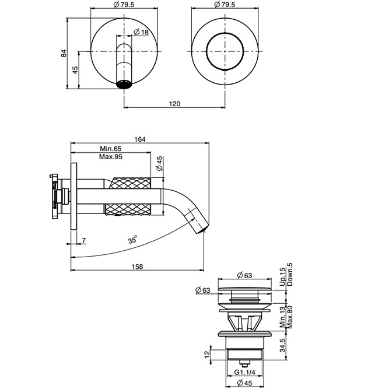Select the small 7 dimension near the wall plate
pyautogui.click(x=84, y=240)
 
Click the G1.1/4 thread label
pyautogui.click(x=245, y=371)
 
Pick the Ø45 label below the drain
pyautogui.click(x=244, y=383)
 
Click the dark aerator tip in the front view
pyautogui.click(x=125, y=84)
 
